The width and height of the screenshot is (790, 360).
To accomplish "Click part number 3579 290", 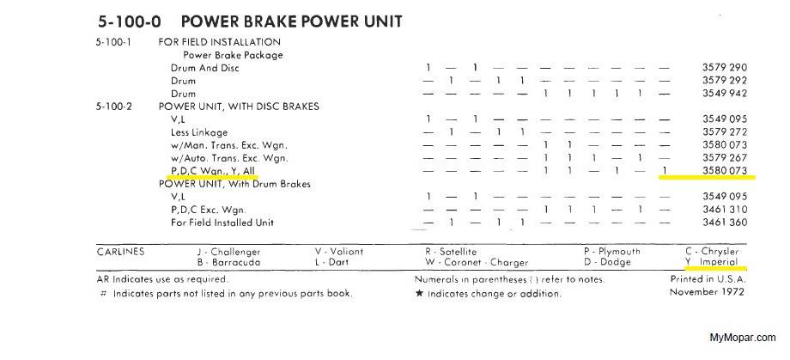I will [724, 68].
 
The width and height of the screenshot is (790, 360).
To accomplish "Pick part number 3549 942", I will [724, 94].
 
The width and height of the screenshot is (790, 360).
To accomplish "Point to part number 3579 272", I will [724, 132].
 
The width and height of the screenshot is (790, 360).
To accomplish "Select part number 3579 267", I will [724, 158].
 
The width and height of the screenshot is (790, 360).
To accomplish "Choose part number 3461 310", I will [724, 210].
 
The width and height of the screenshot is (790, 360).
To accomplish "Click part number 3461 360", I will [724, 223].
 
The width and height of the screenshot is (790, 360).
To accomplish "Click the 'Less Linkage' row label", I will [199, 132].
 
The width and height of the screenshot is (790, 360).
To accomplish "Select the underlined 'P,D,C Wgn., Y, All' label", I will [220, 171].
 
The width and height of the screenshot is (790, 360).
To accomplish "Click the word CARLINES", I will [121, 252].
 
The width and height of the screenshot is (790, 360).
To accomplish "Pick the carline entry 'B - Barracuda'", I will [228, 263].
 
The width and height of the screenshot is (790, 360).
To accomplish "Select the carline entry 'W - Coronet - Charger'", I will [477, 263].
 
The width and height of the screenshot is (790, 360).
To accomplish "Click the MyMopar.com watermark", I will [743, 338].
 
